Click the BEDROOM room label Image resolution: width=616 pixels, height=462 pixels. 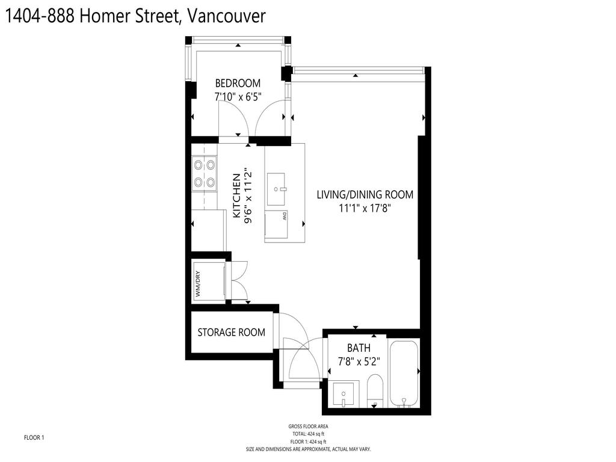click(238, 83)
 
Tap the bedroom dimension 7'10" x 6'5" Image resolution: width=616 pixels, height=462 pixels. click(238, 96)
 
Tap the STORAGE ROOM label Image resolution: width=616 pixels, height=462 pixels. click(231, 332)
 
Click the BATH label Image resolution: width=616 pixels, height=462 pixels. click(359, 348)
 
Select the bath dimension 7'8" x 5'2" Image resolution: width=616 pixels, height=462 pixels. click(359, 362)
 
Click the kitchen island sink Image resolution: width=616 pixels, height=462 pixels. click(277, 182)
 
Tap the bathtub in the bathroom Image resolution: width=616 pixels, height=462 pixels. click(404, 374)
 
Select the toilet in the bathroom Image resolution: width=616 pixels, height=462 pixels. click(374, 391)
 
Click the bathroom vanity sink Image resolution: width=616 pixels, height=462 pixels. click(343, 396)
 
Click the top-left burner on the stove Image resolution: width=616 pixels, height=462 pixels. click(197, 162)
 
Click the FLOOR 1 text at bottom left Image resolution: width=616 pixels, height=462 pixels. click(34, 437)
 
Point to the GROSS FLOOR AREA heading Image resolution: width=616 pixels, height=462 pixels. click(308, 427)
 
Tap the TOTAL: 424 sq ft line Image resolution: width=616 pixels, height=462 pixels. click(308, 433)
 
